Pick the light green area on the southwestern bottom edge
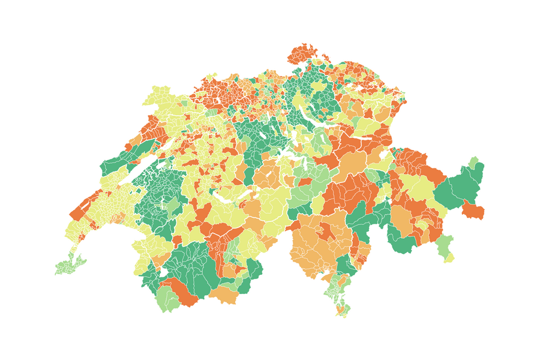pos(169,298)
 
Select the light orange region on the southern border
pos(224,295)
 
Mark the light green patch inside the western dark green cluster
pos(173,208)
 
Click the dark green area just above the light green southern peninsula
pos(345,265)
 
